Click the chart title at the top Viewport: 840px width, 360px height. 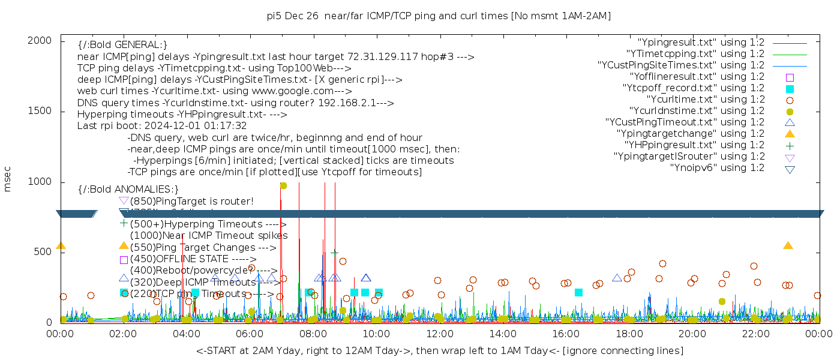coord(439,16)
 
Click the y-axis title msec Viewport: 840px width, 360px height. coord(8,179)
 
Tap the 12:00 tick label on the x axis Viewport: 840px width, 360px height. coord(440,334)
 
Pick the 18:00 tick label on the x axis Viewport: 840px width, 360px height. coord(629,334)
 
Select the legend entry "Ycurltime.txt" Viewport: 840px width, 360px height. coord(706,100)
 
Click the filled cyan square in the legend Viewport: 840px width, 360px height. coord(790,89)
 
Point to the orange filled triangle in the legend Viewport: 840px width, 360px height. coord(790,134)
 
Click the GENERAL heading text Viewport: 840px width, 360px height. coord(122,45)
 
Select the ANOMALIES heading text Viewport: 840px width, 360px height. coord(128,190)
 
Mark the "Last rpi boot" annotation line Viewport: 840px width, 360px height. coord(162,126)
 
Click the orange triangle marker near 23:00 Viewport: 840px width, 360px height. coord(788,245)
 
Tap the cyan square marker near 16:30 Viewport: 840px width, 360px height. coord(578,292)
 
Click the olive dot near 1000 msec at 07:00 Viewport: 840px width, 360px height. coord(283,185)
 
